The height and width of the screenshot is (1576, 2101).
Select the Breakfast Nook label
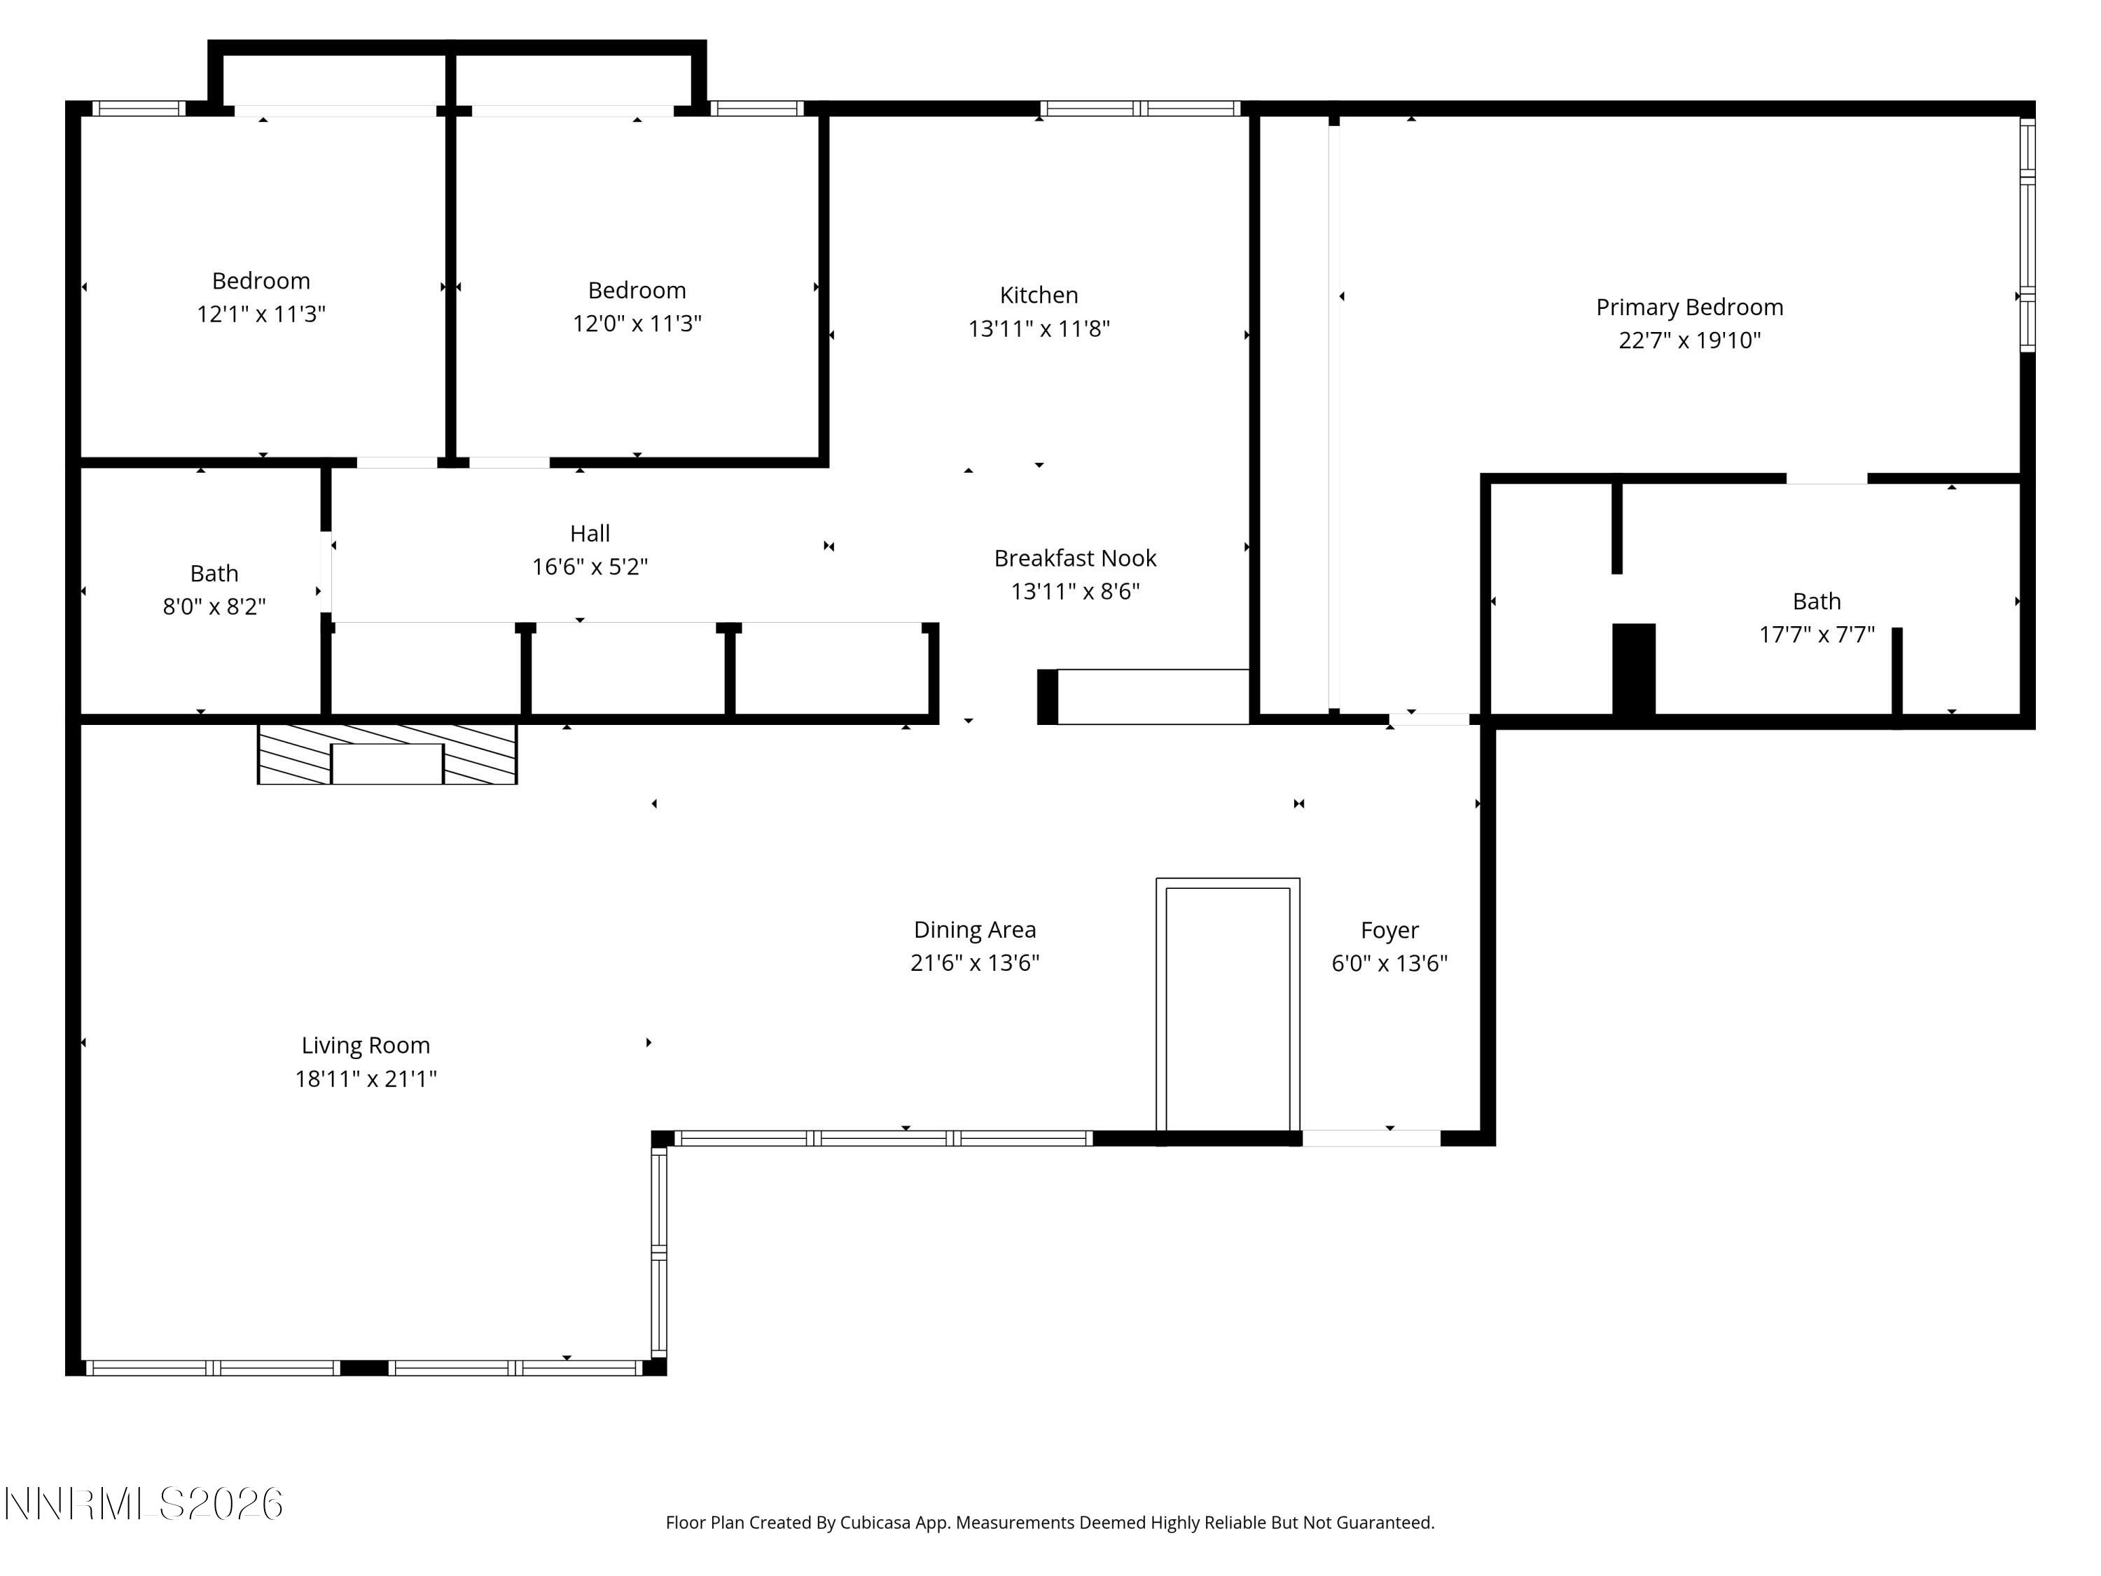(x=1074, y=558)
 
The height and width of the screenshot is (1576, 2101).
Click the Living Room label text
(x=366, y=1045)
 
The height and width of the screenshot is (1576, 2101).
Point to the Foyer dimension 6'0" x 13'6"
(x=1389, y=963)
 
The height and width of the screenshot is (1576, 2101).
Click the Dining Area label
(x=975, y=930)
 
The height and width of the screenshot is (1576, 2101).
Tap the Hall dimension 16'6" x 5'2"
(x=589, y=567)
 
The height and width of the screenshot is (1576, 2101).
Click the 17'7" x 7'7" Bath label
(x=1816, y=635)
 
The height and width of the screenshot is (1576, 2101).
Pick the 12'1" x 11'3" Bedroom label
(x=261, y=314)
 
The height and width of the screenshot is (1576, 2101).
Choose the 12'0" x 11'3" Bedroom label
(x=637, y=323)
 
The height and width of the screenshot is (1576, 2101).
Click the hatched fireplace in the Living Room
(x=387, y=754)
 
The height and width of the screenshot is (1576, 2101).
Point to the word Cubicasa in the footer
(x=875, y=1523)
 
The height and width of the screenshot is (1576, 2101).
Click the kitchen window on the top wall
(x=1139, y=109)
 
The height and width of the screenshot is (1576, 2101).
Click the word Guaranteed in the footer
(x=1385, y=1523)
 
